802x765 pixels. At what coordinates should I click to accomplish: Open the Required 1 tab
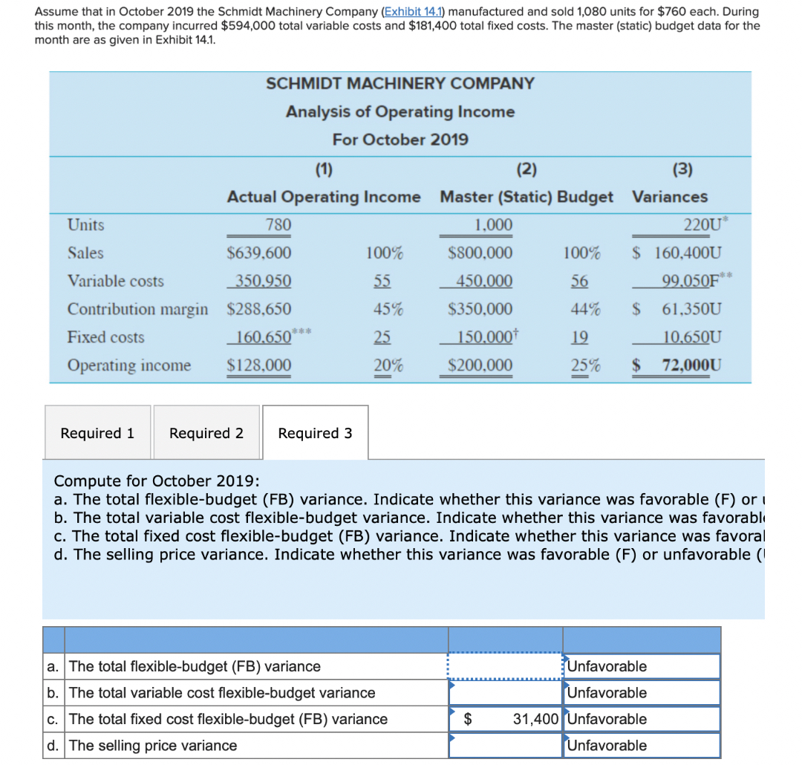(x=97, y=433)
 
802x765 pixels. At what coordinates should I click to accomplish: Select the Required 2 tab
(x=206, y=433)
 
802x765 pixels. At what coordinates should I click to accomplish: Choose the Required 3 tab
(x=315, y=433)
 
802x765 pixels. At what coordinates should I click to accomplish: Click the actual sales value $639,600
(x=258, y=253)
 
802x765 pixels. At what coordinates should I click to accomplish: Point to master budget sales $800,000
(x=480, y=253)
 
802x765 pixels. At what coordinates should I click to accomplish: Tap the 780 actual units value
(x=278, y=225)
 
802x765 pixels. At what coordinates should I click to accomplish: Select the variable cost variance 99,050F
(x=691, y=281)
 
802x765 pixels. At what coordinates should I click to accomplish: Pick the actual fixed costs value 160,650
(x=261, y=337)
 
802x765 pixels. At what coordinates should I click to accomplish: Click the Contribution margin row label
(x=138, y=309)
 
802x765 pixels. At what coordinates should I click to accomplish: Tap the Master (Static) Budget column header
(x=526, y=197)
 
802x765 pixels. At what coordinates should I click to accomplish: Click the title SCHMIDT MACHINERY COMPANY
(x=400, y=83)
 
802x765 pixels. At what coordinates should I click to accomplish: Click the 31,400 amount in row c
(x=535, y=719)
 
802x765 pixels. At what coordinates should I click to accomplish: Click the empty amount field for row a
(x=506, y=666)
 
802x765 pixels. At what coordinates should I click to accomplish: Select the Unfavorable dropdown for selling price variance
(x=642, y=746)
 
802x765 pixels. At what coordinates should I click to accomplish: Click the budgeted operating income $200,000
(x=480, y=365)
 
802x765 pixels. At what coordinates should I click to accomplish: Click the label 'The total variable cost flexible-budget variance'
(x=222, y=693)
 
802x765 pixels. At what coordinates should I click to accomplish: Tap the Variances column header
(x=670, y=197)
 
